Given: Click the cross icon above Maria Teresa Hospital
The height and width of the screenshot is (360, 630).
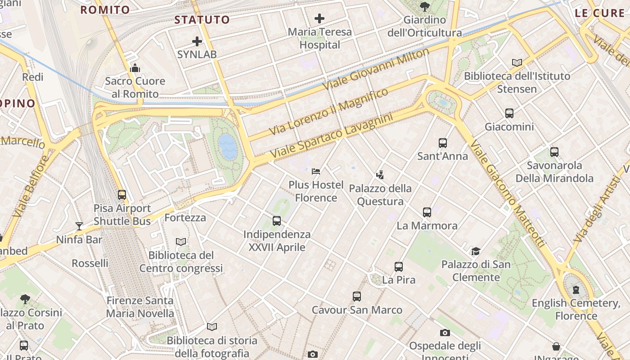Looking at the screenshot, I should (319, 18).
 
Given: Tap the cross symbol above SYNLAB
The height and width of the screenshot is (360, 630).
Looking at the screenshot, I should (197, 41).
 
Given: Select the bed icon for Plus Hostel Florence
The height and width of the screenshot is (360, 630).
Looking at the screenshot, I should (316, 171).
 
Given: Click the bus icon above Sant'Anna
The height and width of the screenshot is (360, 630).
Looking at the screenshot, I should (443, 143).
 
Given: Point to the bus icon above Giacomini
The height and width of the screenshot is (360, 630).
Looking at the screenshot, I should (509, 113).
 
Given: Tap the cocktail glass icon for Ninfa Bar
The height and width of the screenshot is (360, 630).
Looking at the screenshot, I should (79, 226).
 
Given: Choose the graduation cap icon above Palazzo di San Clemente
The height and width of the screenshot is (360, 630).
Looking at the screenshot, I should (476, 251).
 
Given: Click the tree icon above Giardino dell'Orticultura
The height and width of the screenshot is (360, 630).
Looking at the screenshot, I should (424, 6).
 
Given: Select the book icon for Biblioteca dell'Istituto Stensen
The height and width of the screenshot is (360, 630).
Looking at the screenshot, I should (517, 63).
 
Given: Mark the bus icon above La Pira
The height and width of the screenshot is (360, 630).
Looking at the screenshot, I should (399, 266).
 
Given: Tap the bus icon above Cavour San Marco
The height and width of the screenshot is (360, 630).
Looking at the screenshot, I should (357, 297).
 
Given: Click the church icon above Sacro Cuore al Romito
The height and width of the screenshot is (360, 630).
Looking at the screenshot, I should (135, 68).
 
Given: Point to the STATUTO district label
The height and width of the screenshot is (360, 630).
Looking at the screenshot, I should (202, 20).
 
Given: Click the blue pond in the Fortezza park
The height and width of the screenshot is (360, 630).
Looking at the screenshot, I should (228, 146).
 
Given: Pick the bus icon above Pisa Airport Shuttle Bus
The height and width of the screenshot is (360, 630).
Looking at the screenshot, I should (122, 195).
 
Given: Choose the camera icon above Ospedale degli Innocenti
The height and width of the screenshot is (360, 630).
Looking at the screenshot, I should (445, 333).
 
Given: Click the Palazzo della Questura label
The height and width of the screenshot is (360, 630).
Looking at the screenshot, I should (380, 194).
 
